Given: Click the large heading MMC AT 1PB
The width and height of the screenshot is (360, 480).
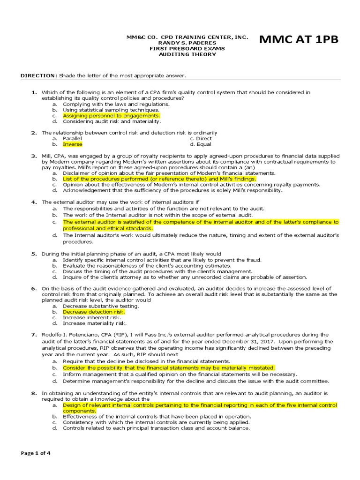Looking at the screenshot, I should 298,40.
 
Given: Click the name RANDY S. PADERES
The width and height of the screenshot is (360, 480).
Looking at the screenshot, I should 187,43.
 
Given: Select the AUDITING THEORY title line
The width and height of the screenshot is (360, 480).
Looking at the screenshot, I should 187,54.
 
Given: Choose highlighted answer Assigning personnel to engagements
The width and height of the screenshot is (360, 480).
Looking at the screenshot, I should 111,115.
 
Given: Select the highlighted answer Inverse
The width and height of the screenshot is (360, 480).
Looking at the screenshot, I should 72,144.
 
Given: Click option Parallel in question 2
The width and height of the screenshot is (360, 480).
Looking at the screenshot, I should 72,139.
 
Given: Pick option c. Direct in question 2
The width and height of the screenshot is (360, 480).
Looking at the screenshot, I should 201,139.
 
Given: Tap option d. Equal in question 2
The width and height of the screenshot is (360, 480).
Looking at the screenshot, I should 201,144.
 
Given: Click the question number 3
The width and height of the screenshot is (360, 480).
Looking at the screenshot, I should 34,156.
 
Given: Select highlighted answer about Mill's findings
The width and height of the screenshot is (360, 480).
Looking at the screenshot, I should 159,179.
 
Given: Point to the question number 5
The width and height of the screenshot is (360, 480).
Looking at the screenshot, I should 34,254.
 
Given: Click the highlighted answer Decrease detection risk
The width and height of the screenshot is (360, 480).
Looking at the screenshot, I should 94,312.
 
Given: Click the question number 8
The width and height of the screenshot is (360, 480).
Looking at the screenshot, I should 34,393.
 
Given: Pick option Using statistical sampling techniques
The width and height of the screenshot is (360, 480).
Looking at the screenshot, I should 107,110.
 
